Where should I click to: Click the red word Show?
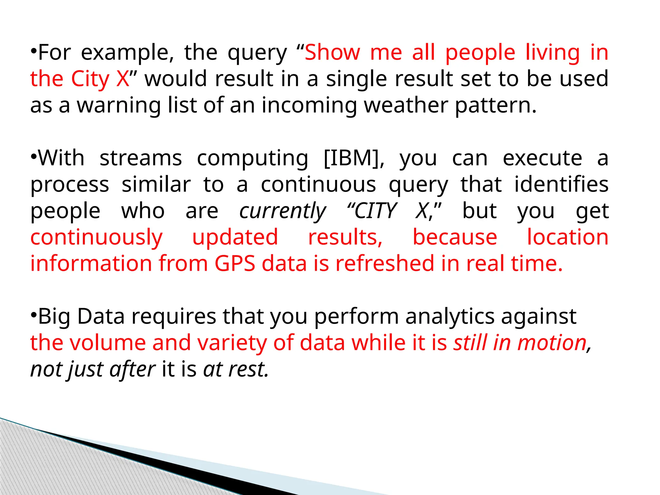click(x=332, y=53)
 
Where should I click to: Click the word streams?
click(x=141, y=158)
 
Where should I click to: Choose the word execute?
click(x=542, y=158)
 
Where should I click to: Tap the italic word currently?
click(x=282, y=212)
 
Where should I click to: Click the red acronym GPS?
click(x=235, y=264)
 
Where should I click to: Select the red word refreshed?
click(x=385, y=264)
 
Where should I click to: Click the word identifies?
click(x=561, y=185)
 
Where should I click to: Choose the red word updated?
click(x=235, y=238)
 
